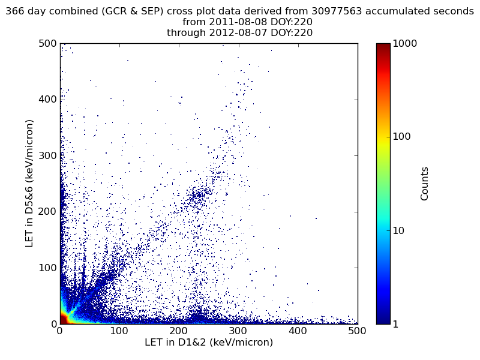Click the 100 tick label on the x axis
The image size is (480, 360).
pos(119,331)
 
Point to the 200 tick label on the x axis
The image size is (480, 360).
pos(179,331)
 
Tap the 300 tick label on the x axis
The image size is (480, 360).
pos(238,331)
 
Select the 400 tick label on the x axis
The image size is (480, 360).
pos(298,331)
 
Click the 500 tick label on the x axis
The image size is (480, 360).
pos(357,331)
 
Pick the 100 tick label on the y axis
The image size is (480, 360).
pos(48,268)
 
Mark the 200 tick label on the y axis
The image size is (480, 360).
pos(48,212)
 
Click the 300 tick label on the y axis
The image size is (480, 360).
pos(48,155)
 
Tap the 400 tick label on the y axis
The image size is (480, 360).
pos(48,100)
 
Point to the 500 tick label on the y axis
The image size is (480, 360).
pos(48,44)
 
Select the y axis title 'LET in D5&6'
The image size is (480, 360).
pos(29,183)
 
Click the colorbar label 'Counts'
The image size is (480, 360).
pos(425,184)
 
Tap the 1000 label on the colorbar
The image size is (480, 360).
pos(404,44)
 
